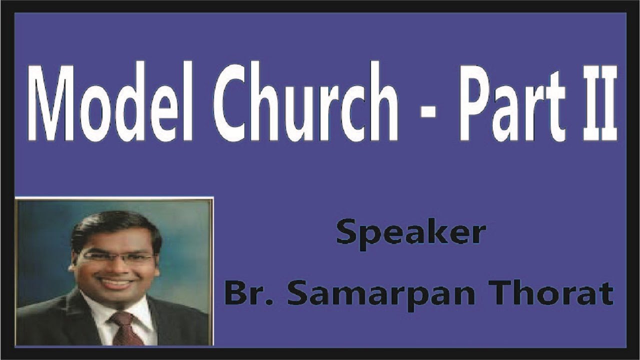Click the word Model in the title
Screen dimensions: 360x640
point(110,102)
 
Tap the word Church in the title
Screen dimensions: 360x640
point(305,102)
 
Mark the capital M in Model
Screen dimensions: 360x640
point(50,102)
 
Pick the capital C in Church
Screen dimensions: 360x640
point(230,102)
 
